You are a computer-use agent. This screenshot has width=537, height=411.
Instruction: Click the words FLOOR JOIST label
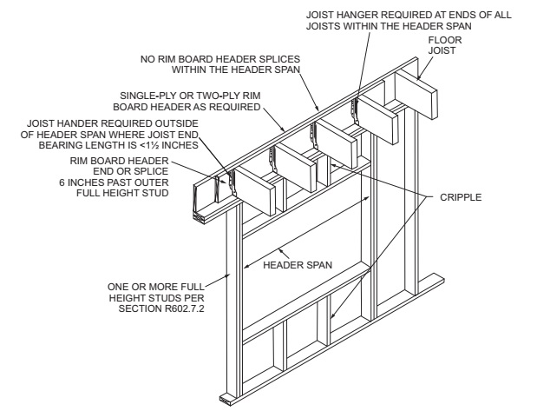pos(445,45)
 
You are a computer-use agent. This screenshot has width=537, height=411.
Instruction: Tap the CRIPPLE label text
pos(461,197)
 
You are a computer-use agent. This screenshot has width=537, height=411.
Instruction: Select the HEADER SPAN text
pos(298,265)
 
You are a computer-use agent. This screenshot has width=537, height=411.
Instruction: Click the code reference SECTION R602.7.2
pos(161,308)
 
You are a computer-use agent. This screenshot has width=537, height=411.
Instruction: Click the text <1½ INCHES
pos(169,145)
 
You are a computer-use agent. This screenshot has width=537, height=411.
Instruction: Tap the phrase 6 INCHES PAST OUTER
pos(114,182)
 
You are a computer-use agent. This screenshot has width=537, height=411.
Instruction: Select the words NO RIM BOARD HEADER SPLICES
pos(220,59)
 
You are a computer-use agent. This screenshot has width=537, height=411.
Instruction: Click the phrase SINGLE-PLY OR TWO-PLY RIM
pos(190,96)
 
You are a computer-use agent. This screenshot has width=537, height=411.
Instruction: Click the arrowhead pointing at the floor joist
pos(419,77)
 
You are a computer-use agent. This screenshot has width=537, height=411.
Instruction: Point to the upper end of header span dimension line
pos(370,196)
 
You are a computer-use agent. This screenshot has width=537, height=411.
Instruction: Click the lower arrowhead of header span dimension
pos(245,267)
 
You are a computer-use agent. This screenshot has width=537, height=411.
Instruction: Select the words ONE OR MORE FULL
pos(156,287)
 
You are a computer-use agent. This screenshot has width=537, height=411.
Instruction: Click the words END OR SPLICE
pos(131,171)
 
